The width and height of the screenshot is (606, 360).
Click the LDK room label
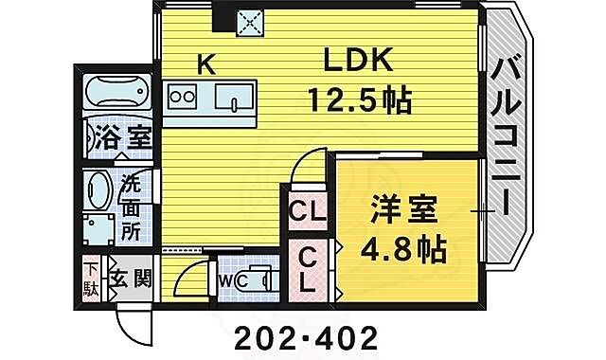[x=359, y=62]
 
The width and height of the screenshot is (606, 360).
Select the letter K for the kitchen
[x=205, y=63]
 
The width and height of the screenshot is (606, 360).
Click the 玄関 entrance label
[x=131, y=279]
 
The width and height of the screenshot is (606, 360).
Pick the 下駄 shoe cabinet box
[x=90, y=279]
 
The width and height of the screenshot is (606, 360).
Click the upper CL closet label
[x=306, y=211]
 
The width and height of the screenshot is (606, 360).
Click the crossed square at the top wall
[x=250, y=19]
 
